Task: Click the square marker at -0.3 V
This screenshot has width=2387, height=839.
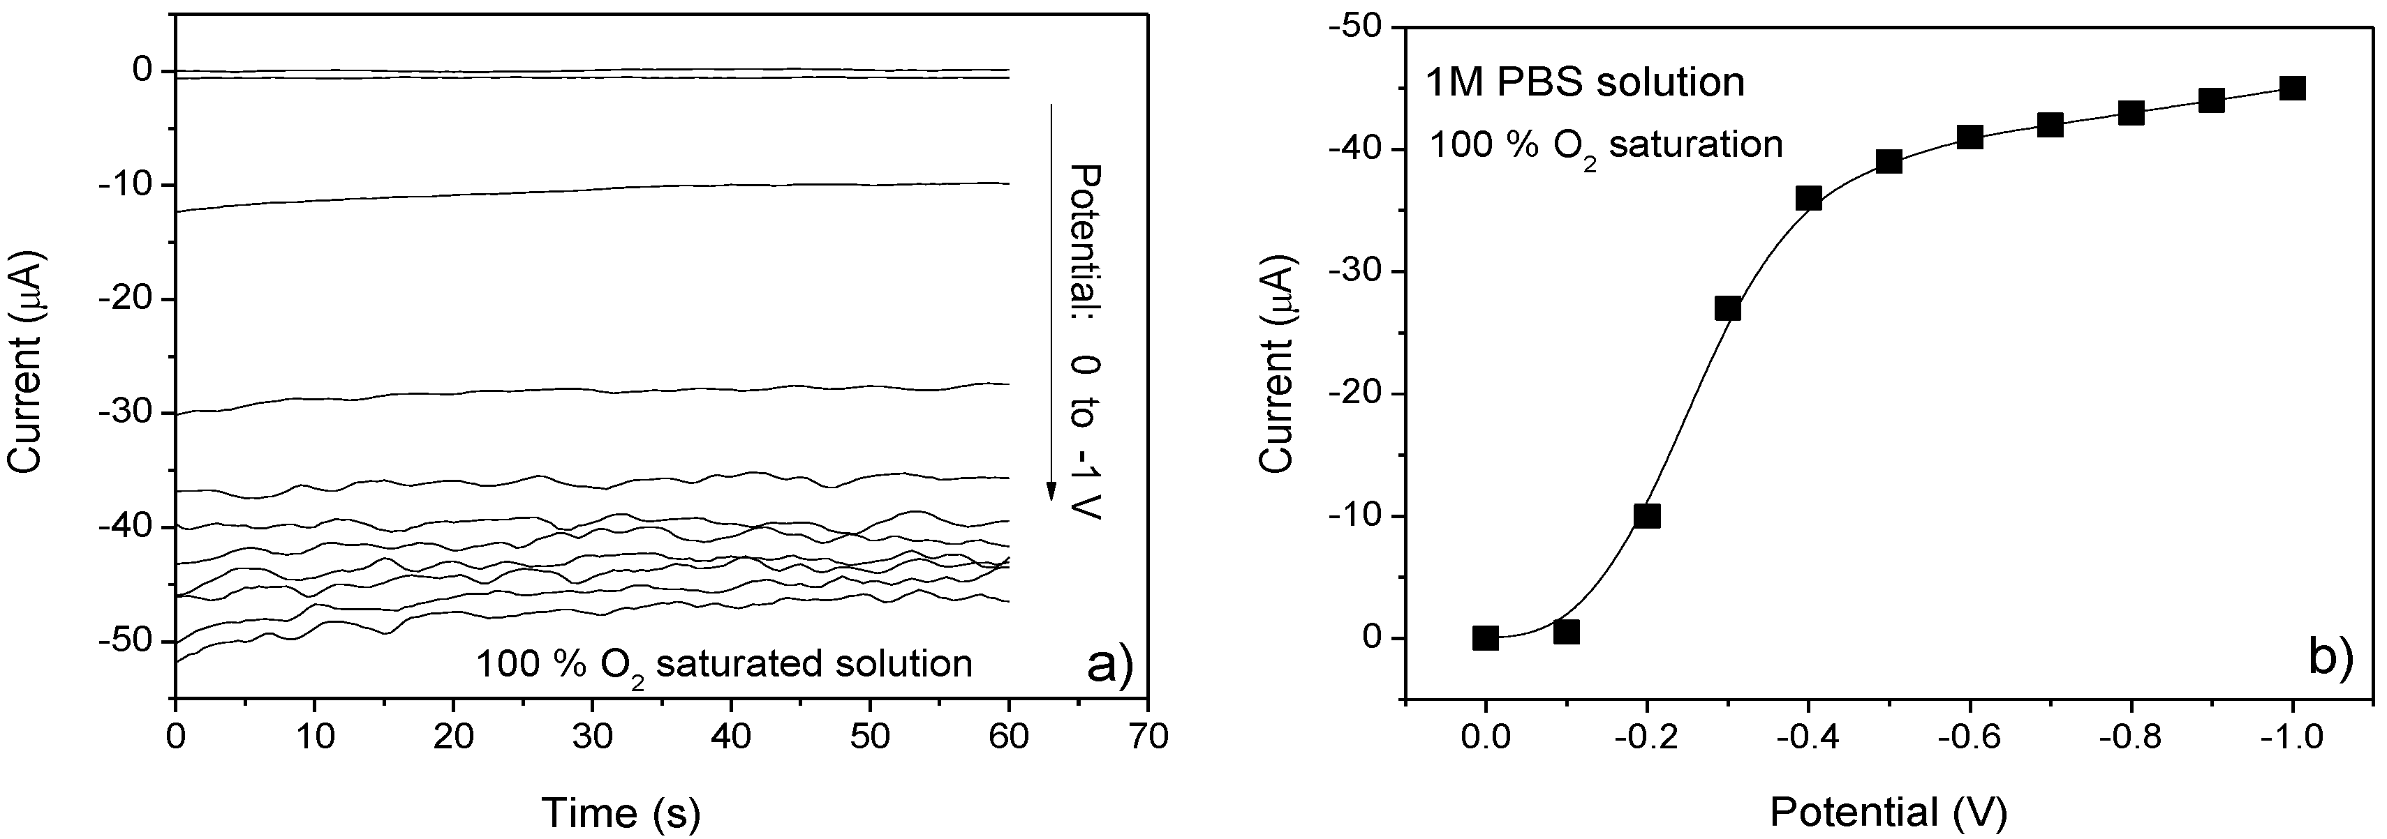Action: point(1727,308)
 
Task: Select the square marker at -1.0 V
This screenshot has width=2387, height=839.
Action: point(2291,88)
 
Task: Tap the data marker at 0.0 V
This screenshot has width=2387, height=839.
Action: point(1486,638)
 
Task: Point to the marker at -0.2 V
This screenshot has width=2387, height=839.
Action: point(1647,516)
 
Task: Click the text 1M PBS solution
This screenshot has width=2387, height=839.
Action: point(1585,82)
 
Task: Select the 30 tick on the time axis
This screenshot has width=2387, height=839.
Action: point(592,736)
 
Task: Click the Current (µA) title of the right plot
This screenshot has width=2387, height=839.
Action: point(1279,361)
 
